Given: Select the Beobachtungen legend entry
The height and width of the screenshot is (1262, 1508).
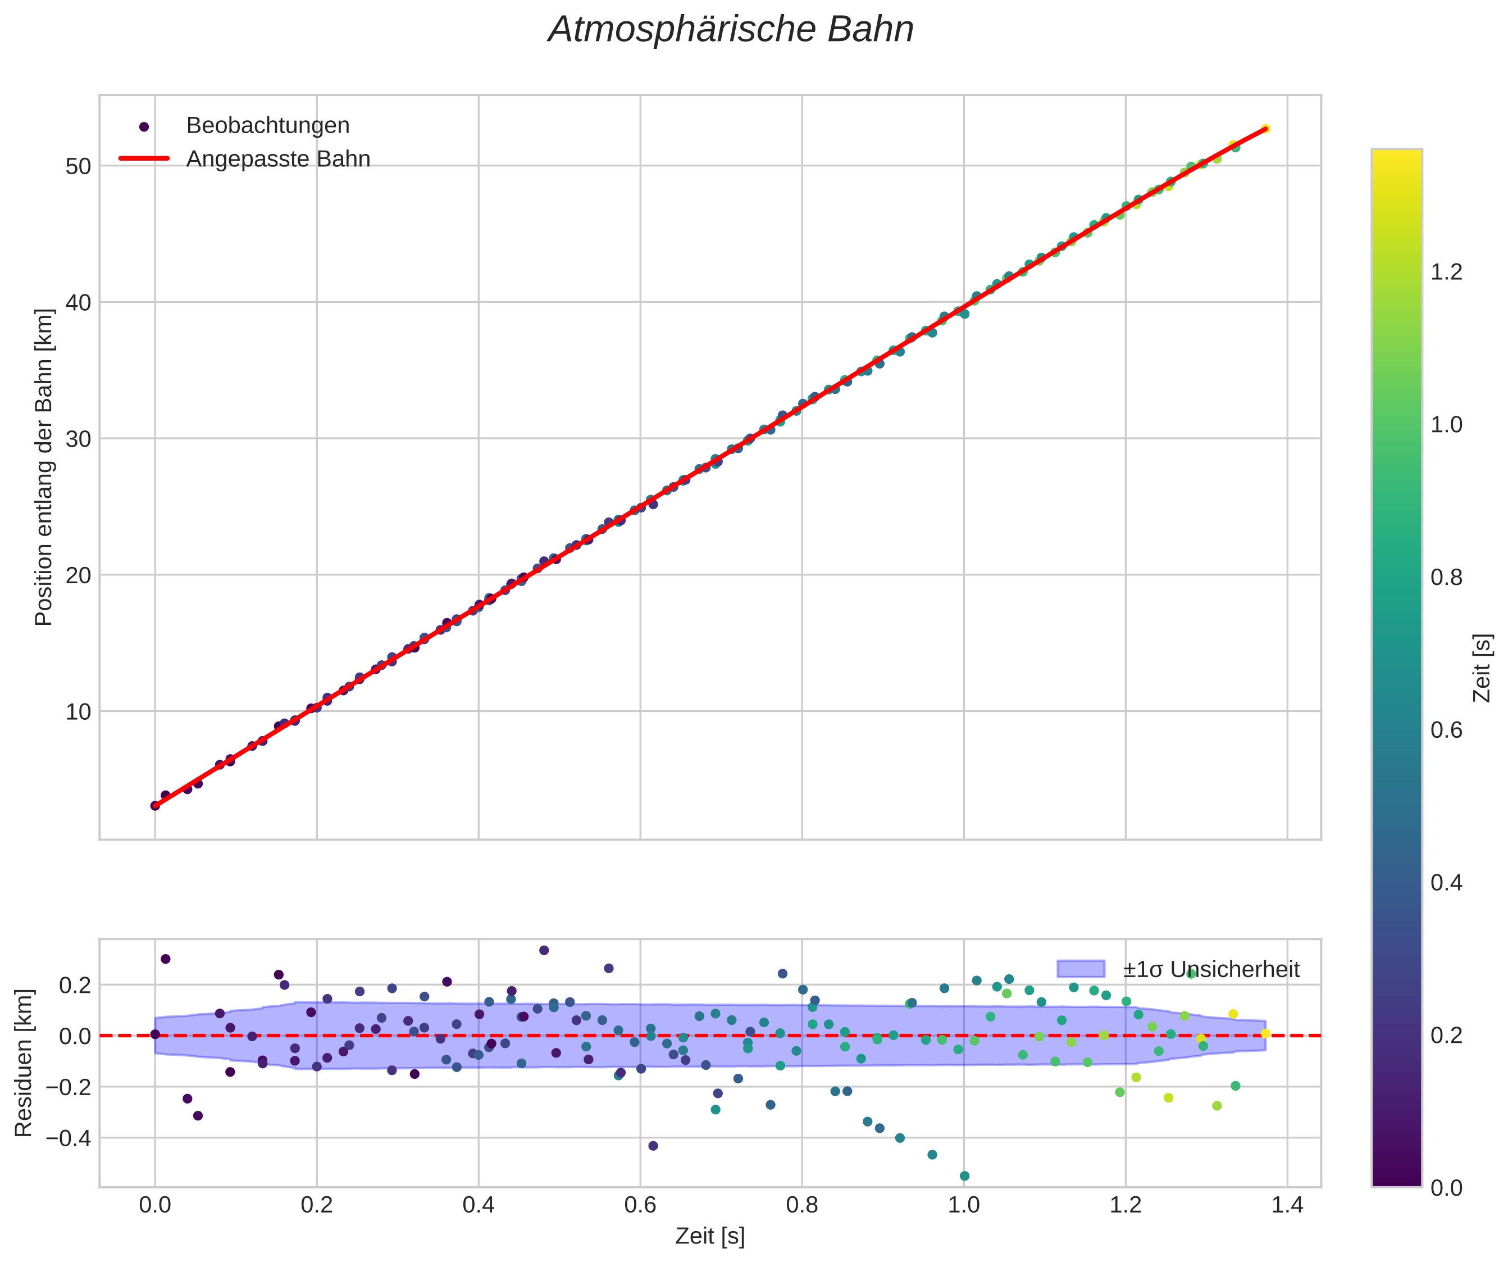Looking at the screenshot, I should pyautogui.click(x=267, y=126).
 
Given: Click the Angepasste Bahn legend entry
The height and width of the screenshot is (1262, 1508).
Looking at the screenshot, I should pyautogui.click(x=278, y=159).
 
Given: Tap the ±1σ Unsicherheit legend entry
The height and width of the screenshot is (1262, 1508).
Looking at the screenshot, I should pyautogui.click(x=1211, y=970).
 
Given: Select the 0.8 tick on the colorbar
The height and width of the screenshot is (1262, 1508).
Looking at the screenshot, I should pyautogui.click(x=1446, y=578).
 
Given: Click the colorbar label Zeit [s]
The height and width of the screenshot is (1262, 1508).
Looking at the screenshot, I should pyautogui.click(x=1482, y=668).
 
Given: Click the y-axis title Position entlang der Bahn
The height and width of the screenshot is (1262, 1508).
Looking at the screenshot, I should pyautogui.click(x=44, y=467).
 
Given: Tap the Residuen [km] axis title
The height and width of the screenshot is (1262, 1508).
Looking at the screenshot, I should pyautogui.click(x=24, y=1063).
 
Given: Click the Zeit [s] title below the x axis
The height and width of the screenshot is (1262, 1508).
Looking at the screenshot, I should pyautogui.click(x=709, y=1236).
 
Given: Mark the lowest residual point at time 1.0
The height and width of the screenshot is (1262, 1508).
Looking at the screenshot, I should pyautogui.click(x=964, y=1176).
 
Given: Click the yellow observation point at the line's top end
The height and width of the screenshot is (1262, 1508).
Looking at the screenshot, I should pyautogui.click(x=1265, y=129).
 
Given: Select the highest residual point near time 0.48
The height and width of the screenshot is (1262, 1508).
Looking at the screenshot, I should pyautogui.click(x=544, y=950).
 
